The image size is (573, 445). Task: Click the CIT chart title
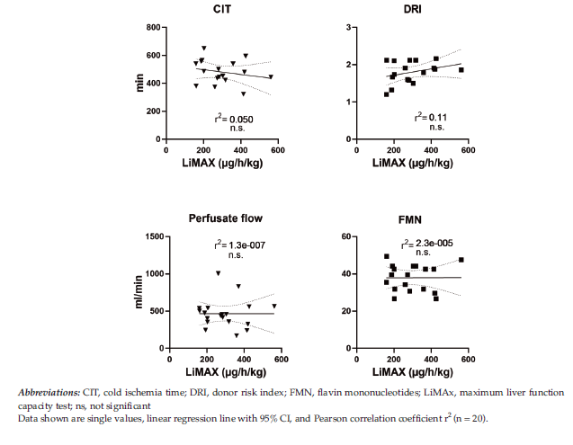[219, 10]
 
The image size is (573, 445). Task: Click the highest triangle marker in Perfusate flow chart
[218, 273]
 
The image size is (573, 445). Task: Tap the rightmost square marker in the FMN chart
[461, 260]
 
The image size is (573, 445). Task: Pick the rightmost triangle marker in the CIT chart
[271, 76]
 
